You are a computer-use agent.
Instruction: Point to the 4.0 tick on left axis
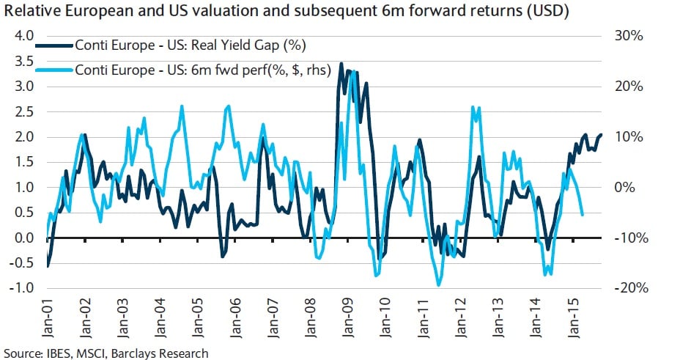pos(24,36)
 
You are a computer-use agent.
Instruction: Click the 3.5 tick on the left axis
pos(24,61)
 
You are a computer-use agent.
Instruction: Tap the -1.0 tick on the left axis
pos(23,288)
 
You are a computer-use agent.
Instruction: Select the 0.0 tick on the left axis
pos(24,238)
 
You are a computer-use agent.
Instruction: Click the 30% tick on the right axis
pos(629,36)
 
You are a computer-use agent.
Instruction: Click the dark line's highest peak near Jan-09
pos(341,64)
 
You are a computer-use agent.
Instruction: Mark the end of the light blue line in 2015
pos(583,215)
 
